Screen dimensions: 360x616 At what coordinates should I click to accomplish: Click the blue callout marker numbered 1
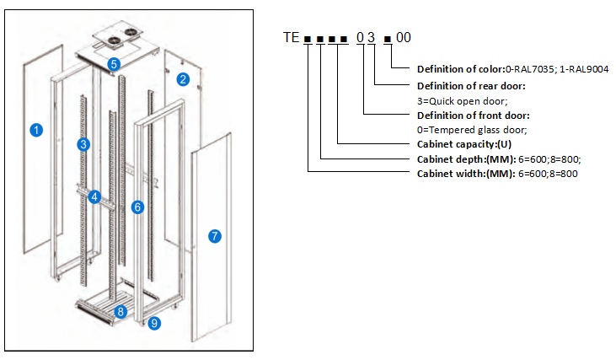pos(35,131)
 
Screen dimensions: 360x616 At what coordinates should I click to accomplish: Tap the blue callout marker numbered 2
pos(183,80)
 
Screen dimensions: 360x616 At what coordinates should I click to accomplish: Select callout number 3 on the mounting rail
pos(83,144)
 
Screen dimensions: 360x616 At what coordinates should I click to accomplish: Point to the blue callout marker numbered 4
pos(95,197)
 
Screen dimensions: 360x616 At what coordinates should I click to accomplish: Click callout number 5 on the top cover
pos(114,63)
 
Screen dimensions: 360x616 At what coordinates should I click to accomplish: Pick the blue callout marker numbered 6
pos(137,207)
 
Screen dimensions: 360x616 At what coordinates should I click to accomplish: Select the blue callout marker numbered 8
pos(121,312)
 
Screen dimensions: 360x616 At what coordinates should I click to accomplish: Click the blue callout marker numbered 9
pos(153,323)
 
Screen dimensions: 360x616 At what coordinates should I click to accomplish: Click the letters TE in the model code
pos(292,38)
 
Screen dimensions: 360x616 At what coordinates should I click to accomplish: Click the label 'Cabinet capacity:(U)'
pos(460,144)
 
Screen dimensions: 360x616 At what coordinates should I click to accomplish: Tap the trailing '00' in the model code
pos(404,38)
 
